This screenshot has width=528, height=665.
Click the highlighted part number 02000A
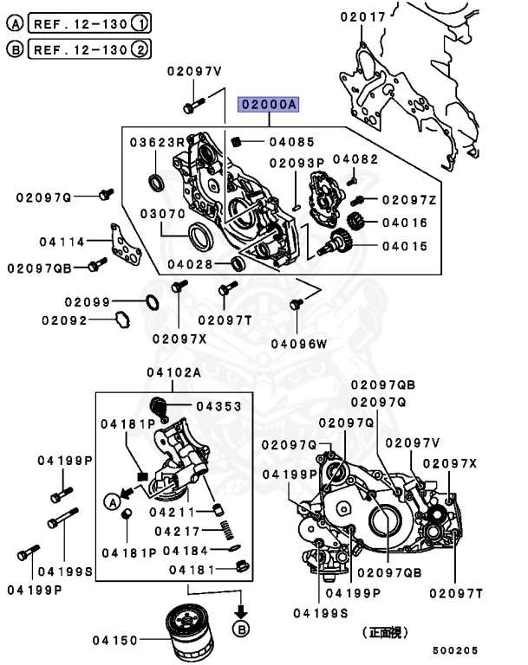pos(270,106)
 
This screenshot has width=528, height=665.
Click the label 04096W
pos(298,343)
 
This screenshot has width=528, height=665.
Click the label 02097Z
pos(409,200)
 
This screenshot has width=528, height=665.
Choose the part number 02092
pos(63,320)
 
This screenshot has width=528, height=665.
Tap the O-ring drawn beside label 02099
pos(148,302)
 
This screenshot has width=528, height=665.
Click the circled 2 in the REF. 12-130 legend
pos(140,48)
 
